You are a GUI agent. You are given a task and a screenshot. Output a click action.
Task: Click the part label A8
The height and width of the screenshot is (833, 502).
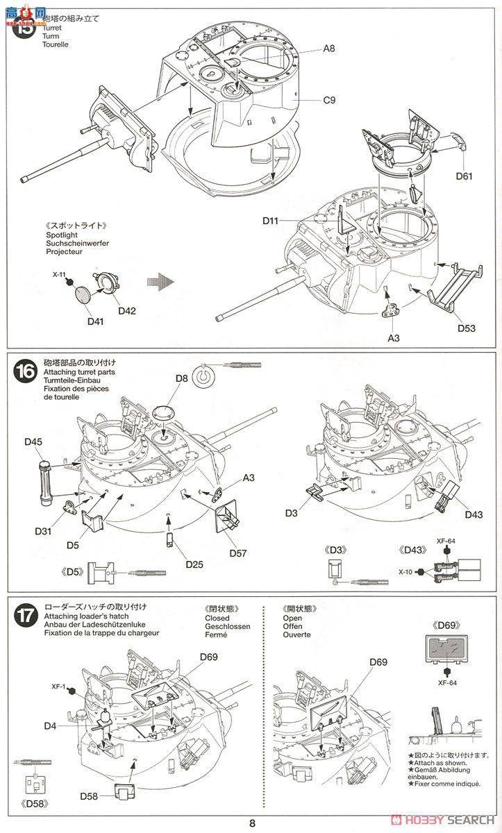[x=328, y=48]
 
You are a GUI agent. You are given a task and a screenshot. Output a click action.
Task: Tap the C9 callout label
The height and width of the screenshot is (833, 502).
[x=328, y=100]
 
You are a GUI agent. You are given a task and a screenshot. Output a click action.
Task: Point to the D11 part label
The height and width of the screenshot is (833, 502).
[x=271, y=221]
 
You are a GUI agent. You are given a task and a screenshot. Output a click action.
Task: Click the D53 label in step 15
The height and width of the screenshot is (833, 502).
[x=467, y=328]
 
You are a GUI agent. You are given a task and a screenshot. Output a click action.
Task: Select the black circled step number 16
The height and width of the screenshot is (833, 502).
[x=24, y=371]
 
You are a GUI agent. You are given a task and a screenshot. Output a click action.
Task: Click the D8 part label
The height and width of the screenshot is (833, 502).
[x=182, y=378]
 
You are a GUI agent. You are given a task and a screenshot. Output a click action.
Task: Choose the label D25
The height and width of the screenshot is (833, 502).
[x=194, y=564]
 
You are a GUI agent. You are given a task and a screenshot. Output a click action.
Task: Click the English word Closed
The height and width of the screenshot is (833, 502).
[x=217, y=618]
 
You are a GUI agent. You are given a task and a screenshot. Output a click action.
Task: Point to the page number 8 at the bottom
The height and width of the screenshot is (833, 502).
[x=253, y=823]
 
